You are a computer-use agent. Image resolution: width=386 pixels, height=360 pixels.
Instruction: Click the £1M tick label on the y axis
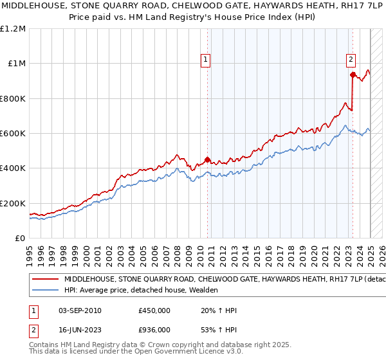(15, 64)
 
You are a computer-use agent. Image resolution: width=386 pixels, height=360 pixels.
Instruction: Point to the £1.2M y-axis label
(13, 29)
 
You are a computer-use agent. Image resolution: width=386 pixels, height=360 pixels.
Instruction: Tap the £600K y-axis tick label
(13, 134)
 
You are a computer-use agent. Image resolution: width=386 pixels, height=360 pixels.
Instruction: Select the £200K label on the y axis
(13, 203)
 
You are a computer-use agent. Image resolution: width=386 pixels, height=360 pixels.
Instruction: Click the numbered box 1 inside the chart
(205, 60)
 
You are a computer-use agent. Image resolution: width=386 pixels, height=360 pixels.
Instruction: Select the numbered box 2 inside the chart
(351, 60)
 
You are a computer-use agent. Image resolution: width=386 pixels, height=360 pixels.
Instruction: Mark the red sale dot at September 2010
(207, 159)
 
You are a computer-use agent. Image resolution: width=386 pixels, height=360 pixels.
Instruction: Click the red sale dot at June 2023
(353, 75)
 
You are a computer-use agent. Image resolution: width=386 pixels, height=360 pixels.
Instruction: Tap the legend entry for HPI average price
(141, 291)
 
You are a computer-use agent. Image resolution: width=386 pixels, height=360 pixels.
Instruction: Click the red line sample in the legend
(45, 280)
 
